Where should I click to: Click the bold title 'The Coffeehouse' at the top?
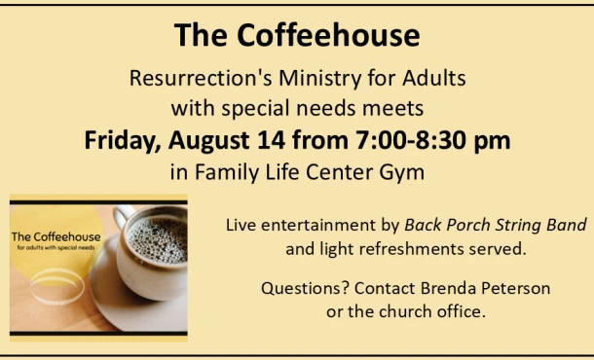[297, 35]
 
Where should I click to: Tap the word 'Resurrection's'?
[201, 78]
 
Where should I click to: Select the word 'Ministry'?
[320, 80]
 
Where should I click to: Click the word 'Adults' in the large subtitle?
[434, 78]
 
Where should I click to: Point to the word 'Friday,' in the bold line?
[123, 141]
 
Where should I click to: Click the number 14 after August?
[271, 140]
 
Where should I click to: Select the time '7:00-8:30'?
[408, 140]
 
